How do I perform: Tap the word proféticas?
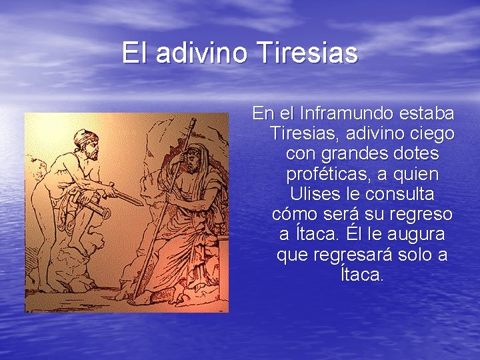click(x=325, y=174)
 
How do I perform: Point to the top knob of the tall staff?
click(x=193, y=121)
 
